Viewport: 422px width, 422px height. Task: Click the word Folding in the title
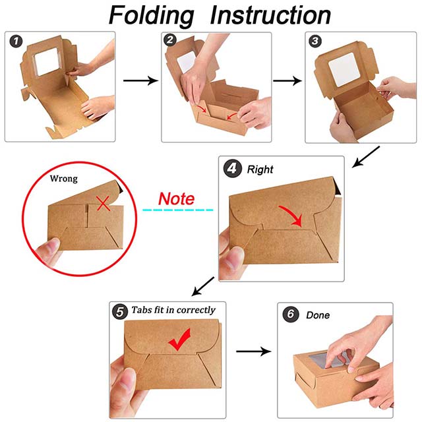151,16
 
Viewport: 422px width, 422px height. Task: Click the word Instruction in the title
270,15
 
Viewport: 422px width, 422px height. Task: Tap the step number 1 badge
16,42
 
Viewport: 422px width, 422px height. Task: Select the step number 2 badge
170,40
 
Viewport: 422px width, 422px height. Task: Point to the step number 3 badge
315,41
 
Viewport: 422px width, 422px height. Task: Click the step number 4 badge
233,169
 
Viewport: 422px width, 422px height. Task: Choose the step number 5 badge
120,312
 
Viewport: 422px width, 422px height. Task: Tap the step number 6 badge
291,314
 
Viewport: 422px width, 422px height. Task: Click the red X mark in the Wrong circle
103,203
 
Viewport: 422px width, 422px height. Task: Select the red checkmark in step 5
179,340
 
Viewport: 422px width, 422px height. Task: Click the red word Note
176,199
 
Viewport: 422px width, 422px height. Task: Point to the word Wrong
64,179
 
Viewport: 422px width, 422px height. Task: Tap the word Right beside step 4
260,169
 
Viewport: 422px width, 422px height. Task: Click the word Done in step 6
318,315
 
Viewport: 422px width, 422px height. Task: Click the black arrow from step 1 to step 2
140,80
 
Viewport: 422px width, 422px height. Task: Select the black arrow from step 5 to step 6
253,351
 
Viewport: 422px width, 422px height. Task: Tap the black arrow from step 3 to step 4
366,157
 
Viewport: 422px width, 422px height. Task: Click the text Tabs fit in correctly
173,310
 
